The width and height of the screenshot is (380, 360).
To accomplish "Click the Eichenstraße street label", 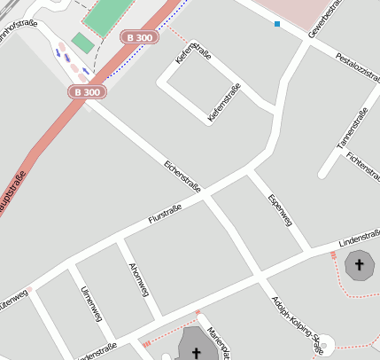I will click(x=183, y=176).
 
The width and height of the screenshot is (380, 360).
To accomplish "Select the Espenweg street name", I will click(x=279, y=209).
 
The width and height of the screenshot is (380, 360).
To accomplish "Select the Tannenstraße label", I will click(x=352, y=127).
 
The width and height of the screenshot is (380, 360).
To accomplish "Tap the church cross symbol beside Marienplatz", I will click(x=197, y=353).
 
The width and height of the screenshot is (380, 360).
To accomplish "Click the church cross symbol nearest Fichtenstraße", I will click(x=360, y=264).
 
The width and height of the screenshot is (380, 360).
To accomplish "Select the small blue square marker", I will click(x=277, y=24).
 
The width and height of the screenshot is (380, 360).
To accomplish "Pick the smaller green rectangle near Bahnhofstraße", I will click(x=83, y=42).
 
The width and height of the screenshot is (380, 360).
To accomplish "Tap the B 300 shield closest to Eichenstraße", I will click(x=88, y=91).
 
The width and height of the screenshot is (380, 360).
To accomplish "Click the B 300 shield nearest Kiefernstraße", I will click(x=140, y=37).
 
